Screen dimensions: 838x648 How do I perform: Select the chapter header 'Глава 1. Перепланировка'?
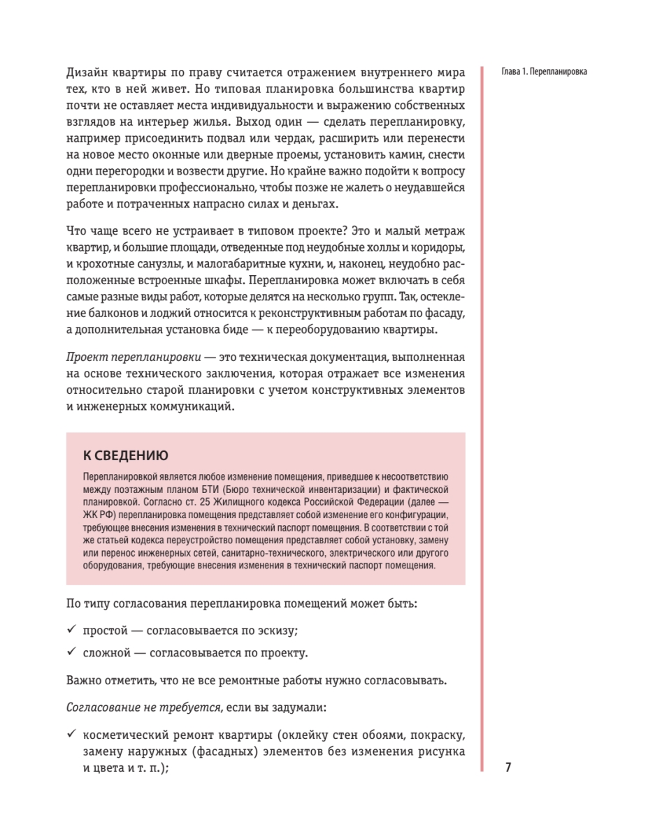(x=545, y=72)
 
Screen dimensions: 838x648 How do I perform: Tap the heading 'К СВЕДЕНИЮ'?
(x=125, y=456)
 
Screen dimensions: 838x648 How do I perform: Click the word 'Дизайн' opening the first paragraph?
(x=87, y=72)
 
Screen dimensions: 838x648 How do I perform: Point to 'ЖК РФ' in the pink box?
(x=98, y=515)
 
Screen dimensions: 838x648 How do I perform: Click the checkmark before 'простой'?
(x=71, y=629)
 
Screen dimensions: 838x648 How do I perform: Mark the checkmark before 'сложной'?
(x=71, y=652)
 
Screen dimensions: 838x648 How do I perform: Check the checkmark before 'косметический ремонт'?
(x=71, y=734)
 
